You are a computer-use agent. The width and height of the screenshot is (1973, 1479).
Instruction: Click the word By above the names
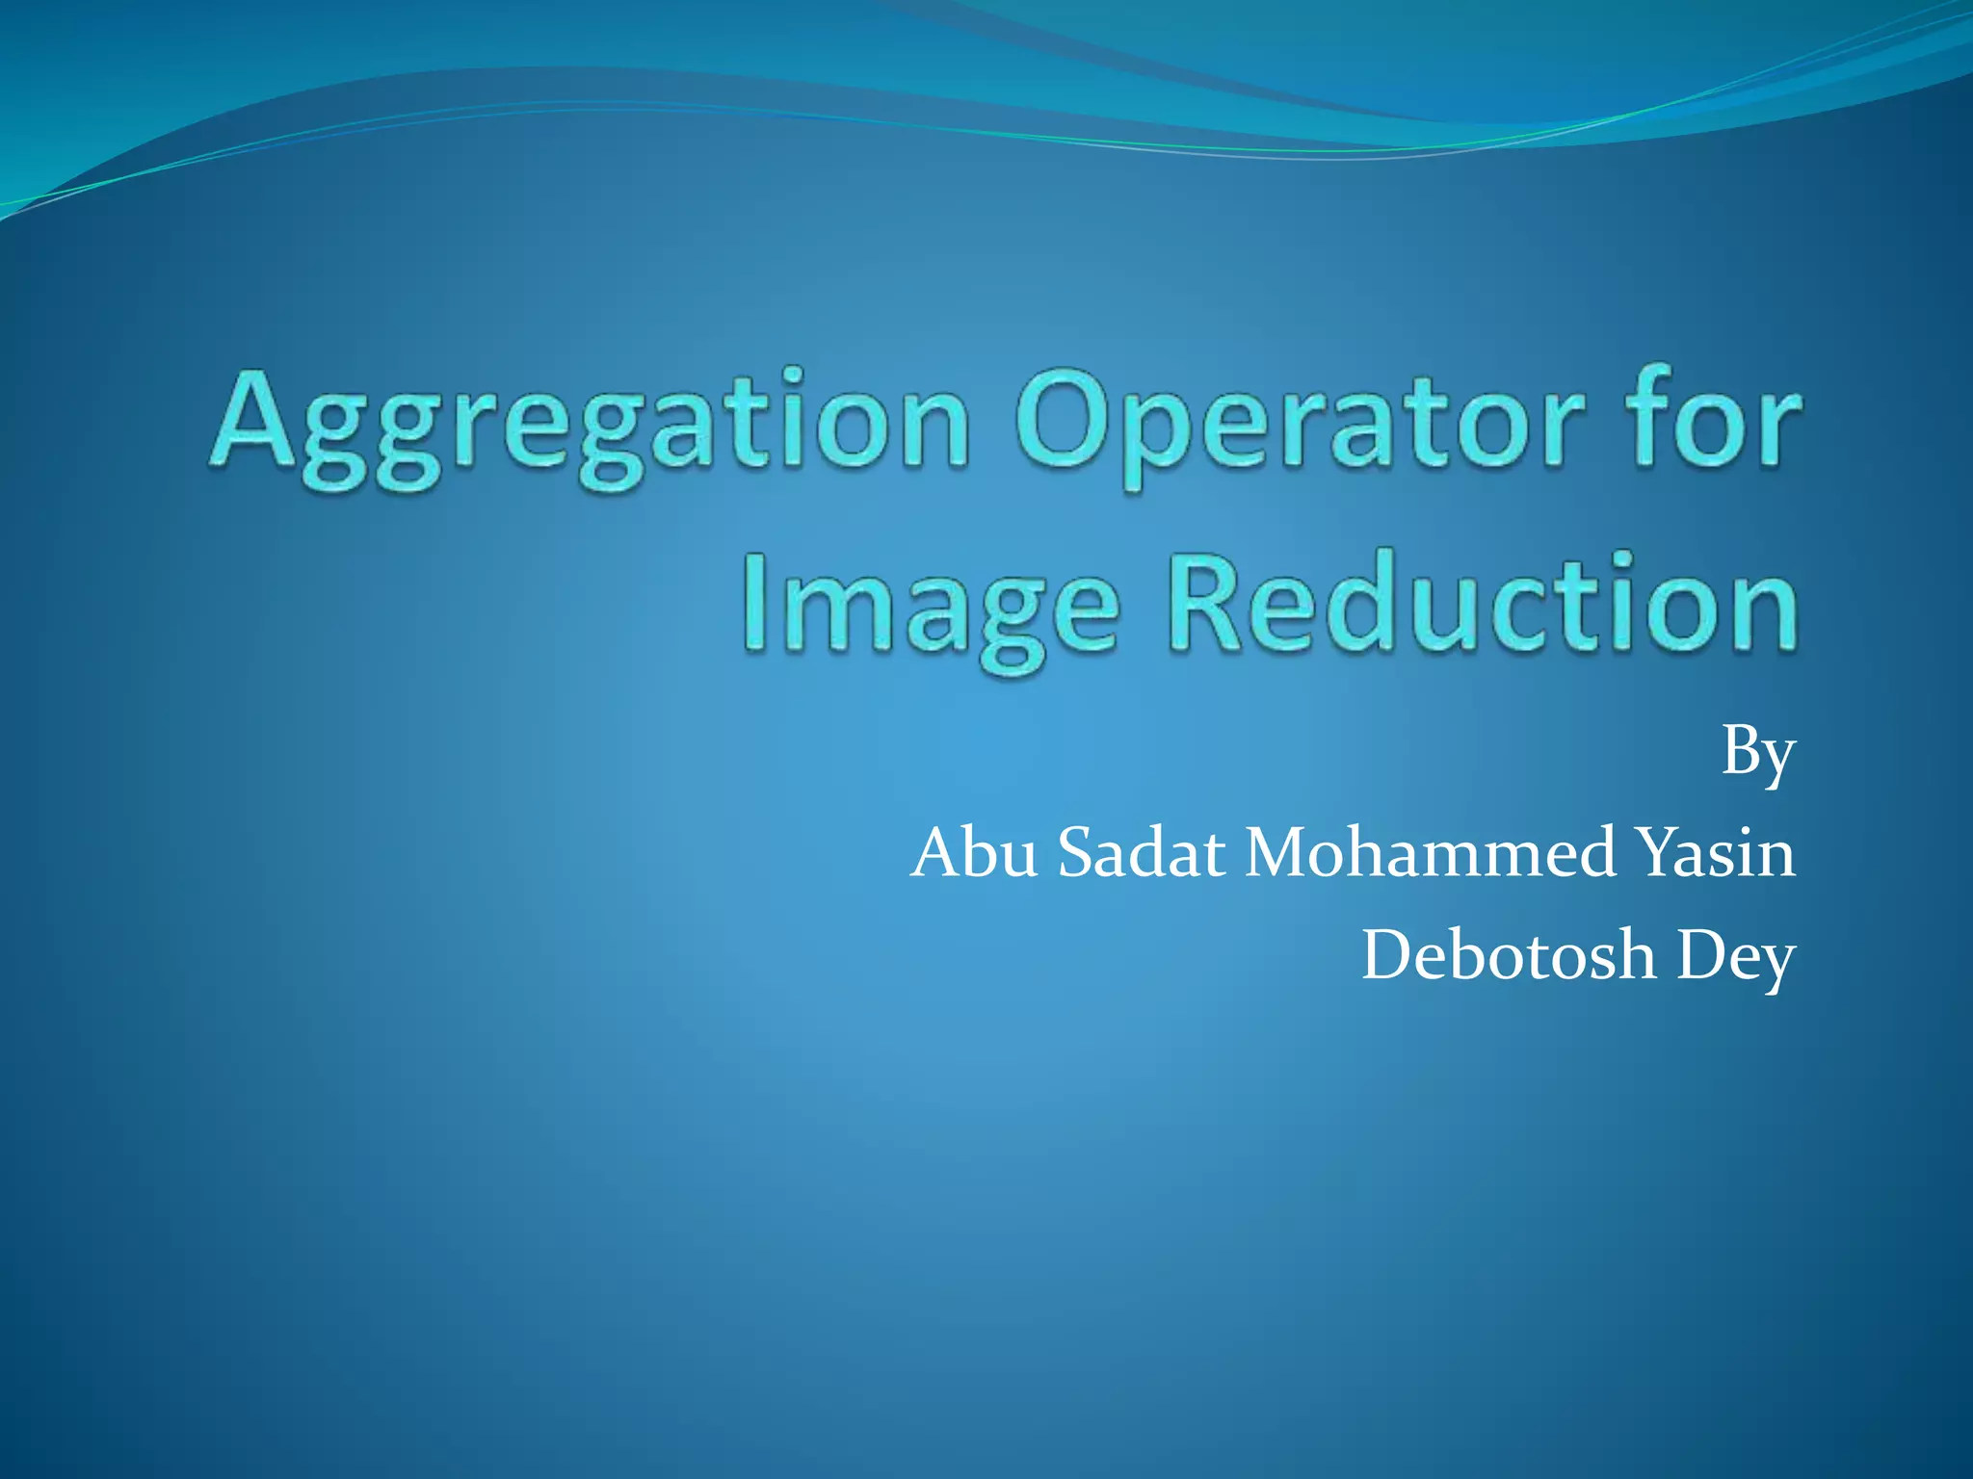point(1758,756)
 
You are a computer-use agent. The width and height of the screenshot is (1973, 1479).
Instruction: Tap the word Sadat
point(1142,853)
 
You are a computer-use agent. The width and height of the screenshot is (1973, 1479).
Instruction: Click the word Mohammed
point(1431,853)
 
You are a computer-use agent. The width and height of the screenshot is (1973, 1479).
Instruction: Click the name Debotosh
point(1508,955)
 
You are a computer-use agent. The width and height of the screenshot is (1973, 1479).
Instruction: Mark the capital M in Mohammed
point(1281,853)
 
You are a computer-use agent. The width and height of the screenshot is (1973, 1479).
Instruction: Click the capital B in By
point(1742,751)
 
